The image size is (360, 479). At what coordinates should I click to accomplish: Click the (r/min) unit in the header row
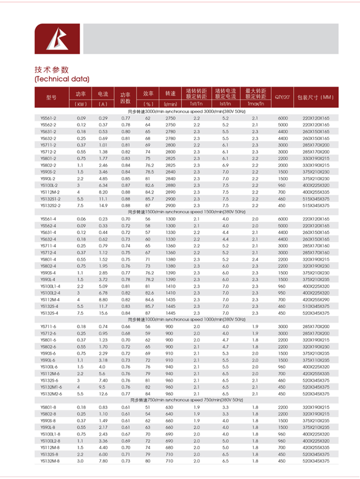coord(170,104)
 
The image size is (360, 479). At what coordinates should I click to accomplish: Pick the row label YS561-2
coord(48,118)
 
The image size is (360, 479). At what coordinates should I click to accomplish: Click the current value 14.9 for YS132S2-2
coord(103,205)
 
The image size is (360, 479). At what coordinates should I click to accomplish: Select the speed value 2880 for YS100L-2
coord(170,185)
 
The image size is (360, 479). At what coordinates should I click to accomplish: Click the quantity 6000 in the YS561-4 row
coord(282,219)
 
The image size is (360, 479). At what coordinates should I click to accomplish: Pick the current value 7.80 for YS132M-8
coord(103,461)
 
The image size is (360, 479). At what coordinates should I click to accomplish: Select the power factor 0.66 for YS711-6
coord(126,326)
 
